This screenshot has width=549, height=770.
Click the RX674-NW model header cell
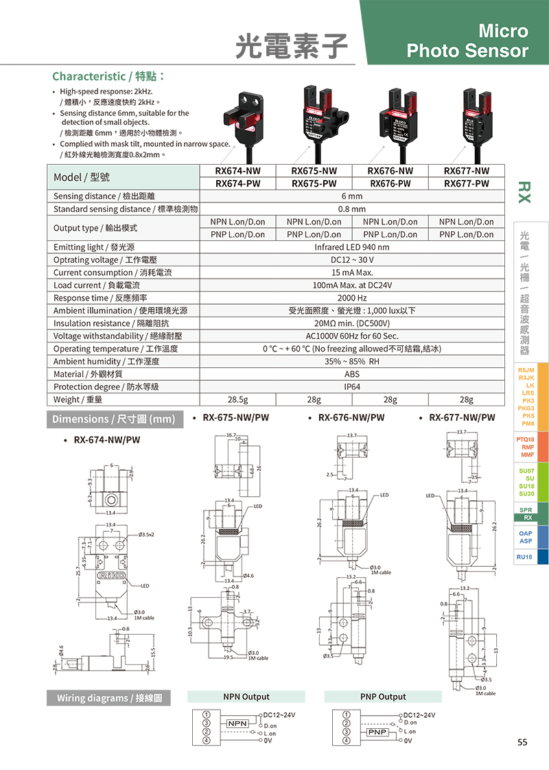[237, 171]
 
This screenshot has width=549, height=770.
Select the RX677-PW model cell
[466, 183]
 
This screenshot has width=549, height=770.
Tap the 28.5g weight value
[237, 399]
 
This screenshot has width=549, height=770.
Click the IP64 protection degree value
[352, 387]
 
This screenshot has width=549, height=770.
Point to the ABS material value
[352, 374]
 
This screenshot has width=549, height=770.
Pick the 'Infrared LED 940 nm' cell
[352, 247]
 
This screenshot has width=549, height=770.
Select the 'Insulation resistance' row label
[110, 323]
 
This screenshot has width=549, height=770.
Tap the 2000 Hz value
[352, 298]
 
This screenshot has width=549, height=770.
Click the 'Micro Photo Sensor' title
[467, 41]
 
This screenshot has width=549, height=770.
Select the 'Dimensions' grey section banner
[115, 419]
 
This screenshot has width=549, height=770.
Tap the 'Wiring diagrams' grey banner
[108, 698]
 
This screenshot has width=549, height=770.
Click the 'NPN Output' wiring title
[246, 697]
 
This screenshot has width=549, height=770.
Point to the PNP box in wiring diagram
[378, 732]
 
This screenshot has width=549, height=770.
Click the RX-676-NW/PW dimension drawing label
[351, 417]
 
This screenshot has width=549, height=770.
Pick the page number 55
[522, 742]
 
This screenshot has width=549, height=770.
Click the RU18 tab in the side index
[525, 557]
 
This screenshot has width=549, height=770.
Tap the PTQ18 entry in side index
[525, 439]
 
